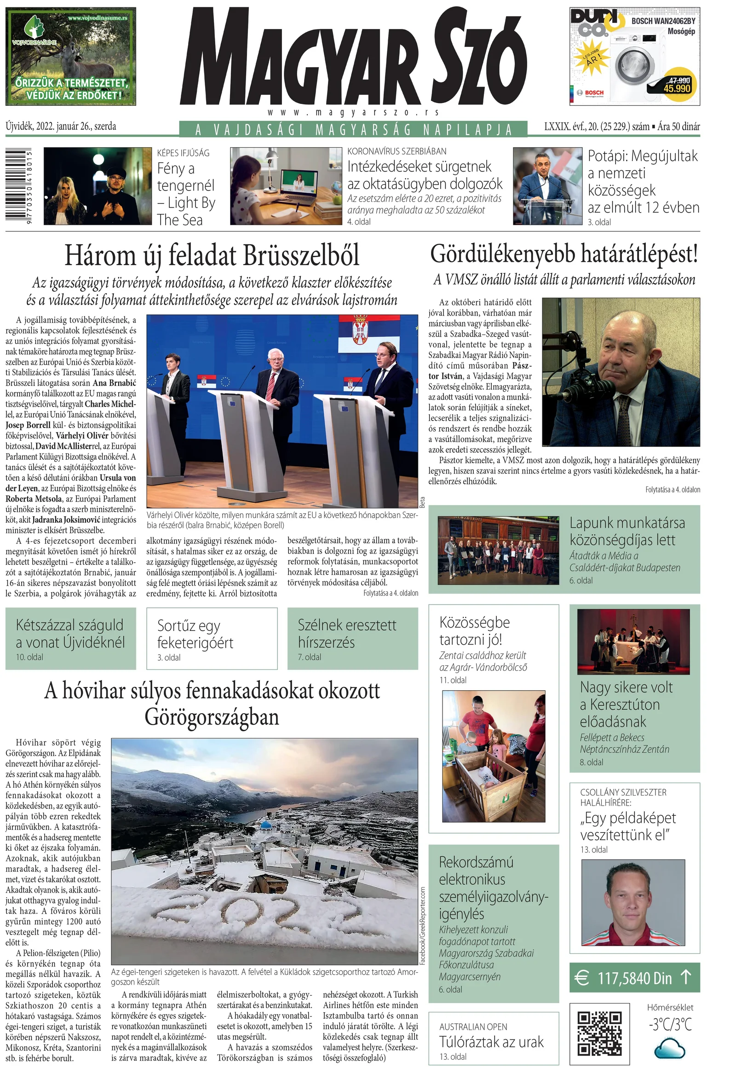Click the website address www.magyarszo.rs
click(x=353, y=113)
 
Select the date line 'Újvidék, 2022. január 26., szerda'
click(x=61, y=127)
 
